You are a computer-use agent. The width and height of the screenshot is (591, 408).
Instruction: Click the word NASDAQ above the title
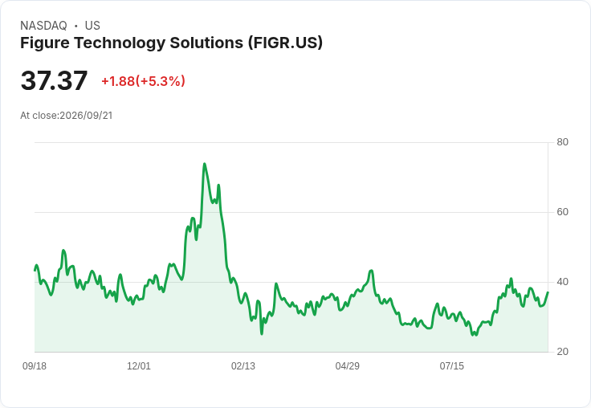pos(43,26)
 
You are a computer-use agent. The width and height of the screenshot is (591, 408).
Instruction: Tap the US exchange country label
pos(92,26)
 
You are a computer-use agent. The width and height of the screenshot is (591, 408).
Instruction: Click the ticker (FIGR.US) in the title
pos(285,43)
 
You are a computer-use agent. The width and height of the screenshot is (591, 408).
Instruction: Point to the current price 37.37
pos(54,80)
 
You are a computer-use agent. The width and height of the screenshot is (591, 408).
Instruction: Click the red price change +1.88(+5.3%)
pos(143,81)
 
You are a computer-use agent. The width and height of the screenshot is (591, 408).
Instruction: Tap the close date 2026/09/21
pos(86,116)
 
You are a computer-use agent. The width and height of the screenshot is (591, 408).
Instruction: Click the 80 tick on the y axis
pos(562,142)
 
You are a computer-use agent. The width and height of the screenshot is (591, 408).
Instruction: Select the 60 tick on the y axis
pos(562,212)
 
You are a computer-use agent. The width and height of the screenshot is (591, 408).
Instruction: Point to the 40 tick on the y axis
pos(562,282)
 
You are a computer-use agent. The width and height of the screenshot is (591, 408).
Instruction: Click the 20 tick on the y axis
pos(562,352)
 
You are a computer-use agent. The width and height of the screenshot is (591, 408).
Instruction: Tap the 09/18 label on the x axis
pos(35,365)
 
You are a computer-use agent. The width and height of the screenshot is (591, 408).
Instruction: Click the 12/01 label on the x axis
pos(139,365)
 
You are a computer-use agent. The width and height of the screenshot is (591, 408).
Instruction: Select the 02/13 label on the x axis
pos(243,365)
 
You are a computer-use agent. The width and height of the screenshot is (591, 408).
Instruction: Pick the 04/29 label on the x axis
pos(348,365)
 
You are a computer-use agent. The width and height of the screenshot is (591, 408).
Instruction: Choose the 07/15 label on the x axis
pos(452,365)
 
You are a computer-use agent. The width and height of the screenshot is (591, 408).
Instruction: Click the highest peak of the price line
pos(204,164)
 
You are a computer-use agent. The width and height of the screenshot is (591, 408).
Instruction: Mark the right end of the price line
pos(548,292)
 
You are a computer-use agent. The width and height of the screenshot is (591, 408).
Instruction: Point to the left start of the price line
pos(35,270)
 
